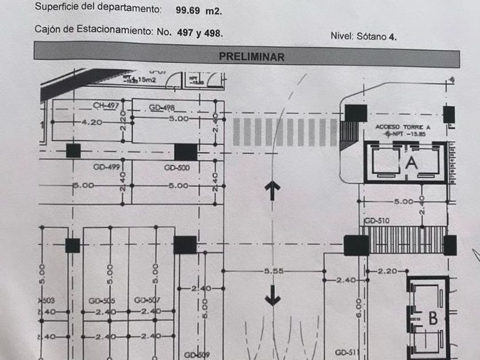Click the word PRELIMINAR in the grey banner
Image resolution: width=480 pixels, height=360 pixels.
(251, 57)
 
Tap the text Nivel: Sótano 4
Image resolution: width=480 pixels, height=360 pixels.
(363, 36)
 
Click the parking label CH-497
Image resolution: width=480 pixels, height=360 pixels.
(106, 106)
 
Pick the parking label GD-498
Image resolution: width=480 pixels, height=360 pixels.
(162, 108)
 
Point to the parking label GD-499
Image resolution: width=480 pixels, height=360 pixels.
(106, 167)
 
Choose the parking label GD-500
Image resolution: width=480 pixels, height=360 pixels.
(177, 167)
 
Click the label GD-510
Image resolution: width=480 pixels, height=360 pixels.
(377, 221)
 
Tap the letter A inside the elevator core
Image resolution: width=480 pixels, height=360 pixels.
(411, 162)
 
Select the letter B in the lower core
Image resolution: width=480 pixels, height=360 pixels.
(433, 318)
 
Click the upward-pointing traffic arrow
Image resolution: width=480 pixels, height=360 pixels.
(273, 191)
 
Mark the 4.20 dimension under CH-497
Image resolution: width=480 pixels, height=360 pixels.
(91, 122)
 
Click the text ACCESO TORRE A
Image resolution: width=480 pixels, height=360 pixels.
(402, 126)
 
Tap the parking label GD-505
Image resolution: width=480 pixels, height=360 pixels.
(102, 301)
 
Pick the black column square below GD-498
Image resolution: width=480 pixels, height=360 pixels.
(185, 152)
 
